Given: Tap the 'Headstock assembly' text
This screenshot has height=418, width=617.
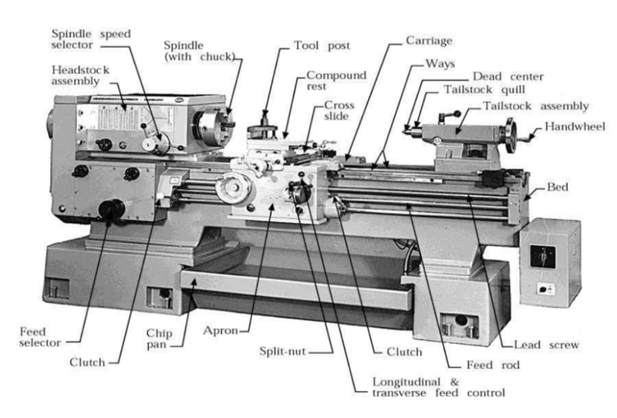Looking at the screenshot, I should tap(81, 75).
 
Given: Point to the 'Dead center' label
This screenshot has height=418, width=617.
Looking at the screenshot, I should tap(507, 76).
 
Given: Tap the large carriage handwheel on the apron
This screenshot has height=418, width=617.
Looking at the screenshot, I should tap(233, 190).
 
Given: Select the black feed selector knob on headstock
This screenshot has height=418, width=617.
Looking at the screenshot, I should tap(114, 208).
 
